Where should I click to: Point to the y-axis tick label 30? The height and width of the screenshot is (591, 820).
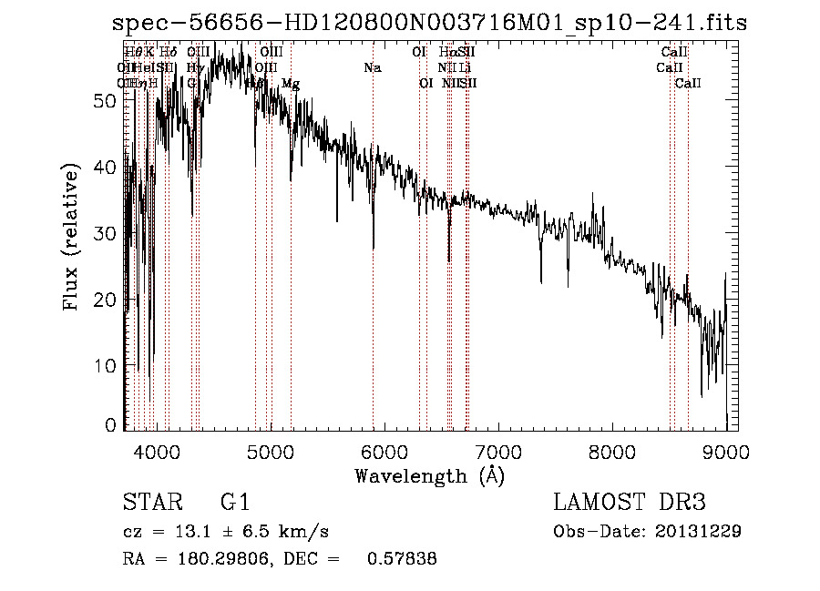point(106,233)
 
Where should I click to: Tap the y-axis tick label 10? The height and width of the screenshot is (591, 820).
point(106,365)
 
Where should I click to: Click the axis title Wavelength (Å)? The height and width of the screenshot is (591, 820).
point(429,475)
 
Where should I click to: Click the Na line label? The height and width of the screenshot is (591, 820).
point(373,67)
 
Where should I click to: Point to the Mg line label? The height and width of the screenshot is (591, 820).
point(291,84)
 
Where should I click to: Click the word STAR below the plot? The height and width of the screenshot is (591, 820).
point(151,503)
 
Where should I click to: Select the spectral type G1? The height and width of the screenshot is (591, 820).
point(235,503)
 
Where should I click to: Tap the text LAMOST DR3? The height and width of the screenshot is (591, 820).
point(629,503)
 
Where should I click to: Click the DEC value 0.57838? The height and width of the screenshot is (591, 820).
point(401,559)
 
